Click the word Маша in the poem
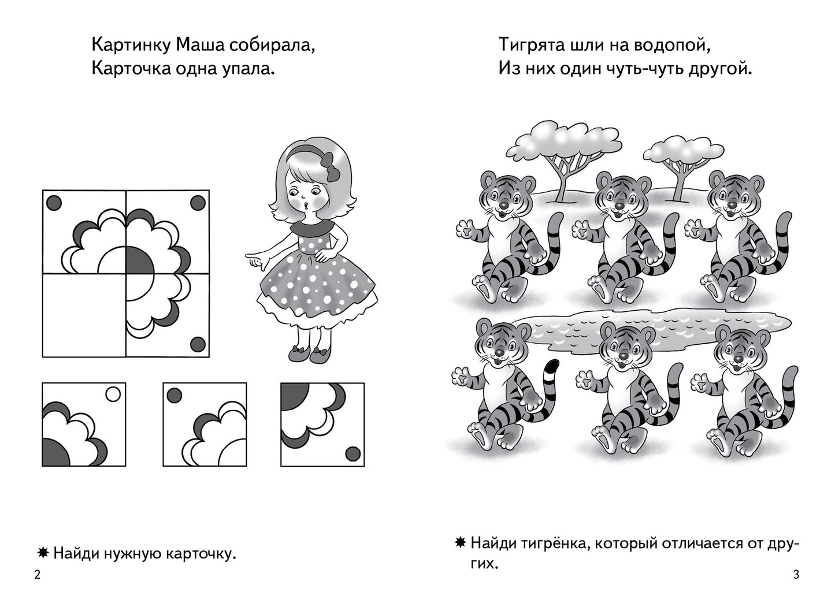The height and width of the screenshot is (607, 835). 200,45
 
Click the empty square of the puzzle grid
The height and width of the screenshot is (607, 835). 84,315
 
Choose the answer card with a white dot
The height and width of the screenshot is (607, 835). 84,424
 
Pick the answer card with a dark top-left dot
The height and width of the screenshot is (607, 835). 205,424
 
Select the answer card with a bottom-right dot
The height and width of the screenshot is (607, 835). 322,424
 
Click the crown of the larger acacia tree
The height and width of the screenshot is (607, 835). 563,140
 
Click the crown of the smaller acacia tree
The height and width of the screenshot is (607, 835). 683,150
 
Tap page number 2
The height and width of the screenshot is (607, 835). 37,575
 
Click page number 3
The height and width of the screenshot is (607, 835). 796,575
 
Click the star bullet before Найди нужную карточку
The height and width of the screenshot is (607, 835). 43,553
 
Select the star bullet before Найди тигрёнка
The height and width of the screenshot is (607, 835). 461,542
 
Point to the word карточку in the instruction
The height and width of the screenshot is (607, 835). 201,554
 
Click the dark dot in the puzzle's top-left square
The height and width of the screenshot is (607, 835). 54,203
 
